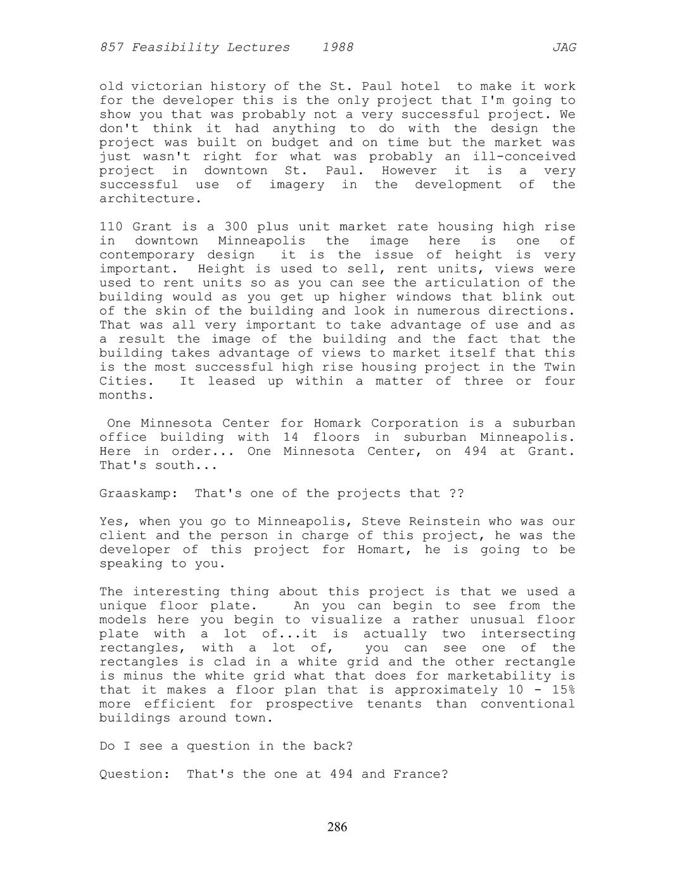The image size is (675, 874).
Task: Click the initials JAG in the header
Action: coord(564,47)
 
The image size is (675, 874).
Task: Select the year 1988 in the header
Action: coord(337,47)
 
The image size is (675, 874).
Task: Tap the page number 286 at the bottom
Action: coord(337,826)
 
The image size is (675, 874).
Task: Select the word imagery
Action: coord(296,184)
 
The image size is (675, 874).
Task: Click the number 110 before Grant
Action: coord(111,227)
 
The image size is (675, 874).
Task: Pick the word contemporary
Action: coord(147,255)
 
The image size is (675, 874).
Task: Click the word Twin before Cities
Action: coord(560,367)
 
